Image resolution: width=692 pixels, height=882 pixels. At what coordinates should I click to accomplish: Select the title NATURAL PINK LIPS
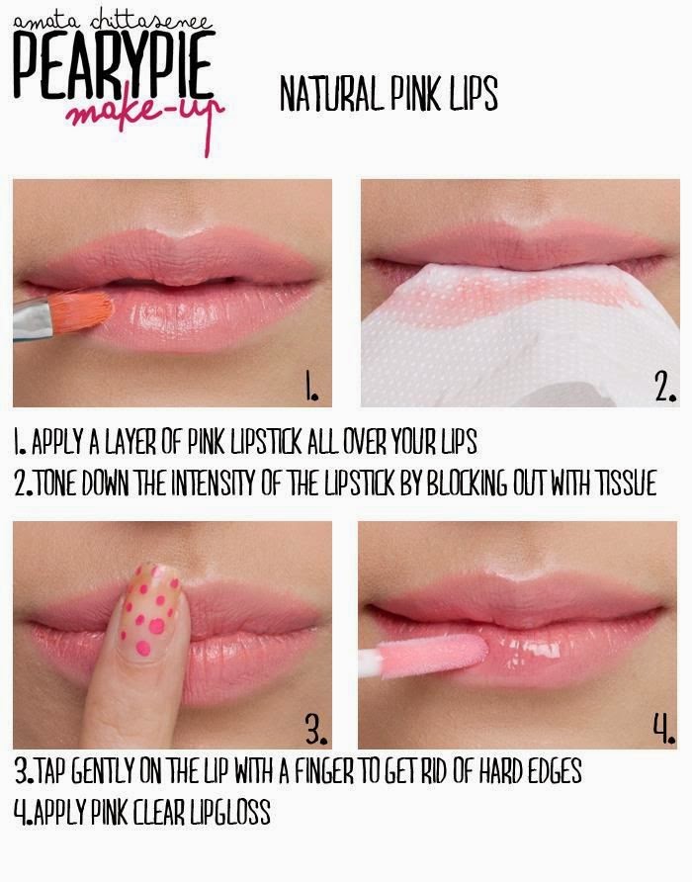(x=388, y=95)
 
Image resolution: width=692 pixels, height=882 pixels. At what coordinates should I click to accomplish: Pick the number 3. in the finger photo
(x=315, y=731)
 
